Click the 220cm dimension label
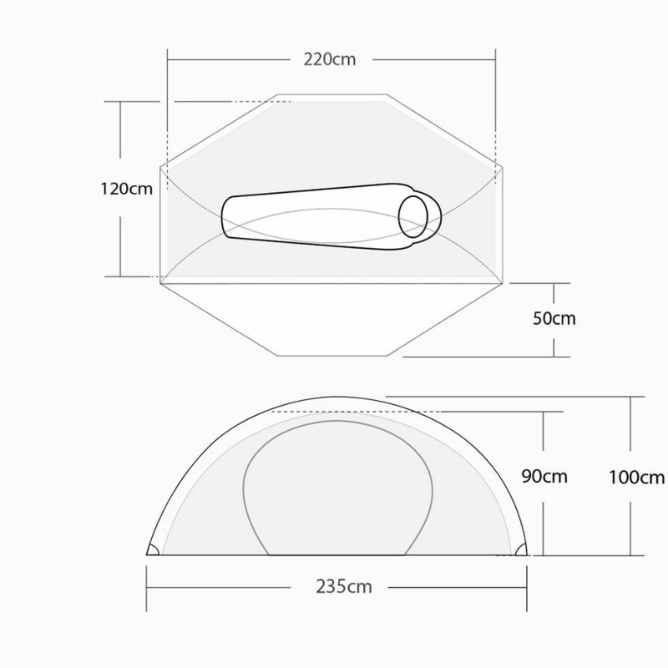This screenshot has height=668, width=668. (329, 59)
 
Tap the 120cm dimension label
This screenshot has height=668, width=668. (127, 189)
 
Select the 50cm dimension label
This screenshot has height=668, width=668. (554, 318)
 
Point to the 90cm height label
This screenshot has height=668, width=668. (544, 476)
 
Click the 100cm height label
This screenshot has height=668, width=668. (636, 477)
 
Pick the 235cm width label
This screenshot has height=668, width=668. (344, 587)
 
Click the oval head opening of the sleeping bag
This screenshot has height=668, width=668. (412, 217)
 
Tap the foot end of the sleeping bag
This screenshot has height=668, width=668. (225, 217)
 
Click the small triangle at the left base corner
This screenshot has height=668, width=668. (153, 549)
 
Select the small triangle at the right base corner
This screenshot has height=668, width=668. (521, 550)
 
